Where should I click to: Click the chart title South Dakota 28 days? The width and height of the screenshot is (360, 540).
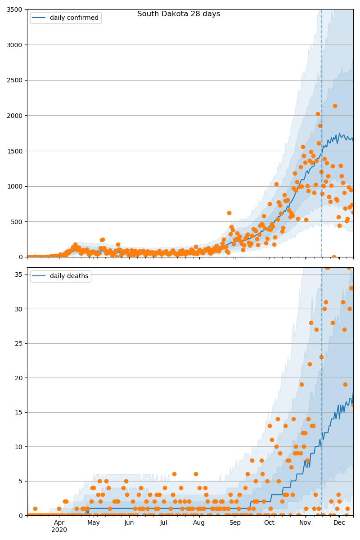point(179,14)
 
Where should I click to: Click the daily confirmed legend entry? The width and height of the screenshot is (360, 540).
point(66,18)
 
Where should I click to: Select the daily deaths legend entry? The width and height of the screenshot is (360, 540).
point(60,276)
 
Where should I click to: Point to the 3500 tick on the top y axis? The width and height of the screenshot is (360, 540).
point(14,9)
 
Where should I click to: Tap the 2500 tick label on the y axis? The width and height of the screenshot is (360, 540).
point(14,80)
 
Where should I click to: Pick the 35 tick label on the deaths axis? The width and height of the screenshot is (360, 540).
point(18,274)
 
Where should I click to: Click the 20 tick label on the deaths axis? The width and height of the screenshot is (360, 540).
point(18,378)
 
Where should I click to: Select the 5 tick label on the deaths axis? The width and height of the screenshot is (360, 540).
point(21,481)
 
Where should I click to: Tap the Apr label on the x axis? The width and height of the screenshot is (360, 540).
point(59,522)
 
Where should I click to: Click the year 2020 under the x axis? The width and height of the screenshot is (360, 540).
point(59,530)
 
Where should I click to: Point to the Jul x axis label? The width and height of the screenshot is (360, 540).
point(164,522)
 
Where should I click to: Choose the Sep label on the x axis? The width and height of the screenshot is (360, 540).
point(235,522)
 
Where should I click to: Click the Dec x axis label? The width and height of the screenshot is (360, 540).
point(339,522)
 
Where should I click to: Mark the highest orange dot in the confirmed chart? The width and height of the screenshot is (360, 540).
point(335,106)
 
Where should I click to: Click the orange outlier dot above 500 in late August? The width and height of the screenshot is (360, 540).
point(229,213)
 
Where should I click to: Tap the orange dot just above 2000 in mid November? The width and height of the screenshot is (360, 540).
point(318,114)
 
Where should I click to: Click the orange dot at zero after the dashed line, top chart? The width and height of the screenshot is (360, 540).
point(334,257)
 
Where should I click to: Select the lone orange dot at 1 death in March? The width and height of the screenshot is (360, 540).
point(35,508)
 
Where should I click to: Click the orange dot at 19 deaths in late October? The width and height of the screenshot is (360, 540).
point(301,384)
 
